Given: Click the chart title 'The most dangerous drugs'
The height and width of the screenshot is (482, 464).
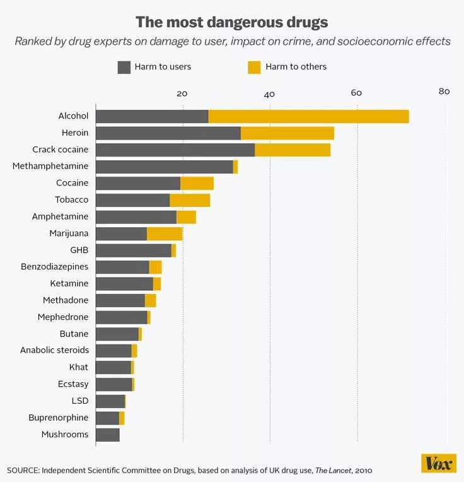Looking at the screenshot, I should (232, 23).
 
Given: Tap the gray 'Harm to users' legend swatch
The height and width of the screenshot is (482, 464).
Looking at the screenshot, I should (124, 67).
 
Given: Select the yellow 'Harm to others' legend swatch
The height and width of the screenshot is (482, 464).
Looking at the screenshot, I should (254, 67).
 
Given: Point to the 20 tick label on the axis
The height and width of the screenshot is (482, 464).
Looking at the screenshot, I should (182, 93).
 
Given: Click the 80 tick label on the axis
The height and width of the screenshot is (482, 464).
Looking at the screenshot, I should (444, 91).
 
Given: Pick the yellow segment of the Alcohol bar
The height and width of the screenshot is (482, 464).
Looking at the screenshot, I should (308, 116).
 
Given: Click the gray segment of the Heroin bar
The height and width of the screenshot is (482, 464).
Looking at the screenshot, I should (168, 133).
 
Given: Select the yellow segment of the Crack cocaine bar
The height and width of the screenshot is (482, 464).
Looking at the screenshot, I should (293, 150).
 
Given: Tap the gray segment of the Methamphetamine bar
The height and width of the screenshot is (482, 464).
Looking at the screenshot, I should (164, 167).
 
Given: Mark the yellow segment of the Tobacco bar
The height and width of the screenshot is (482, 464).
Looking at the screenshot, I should (190, 200).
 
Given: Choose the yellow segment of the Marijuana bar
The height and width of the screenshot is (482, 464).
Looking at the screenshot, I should (165, 233).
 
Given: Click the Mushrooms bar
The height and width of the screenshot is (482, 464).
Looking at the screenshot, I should (107, 435).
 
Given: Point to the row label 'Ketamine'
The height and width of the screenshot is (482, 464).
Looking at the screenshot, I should (69, 283).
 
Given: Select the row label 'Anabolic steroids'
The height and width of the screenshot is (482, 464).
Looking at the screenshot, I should (54, 350).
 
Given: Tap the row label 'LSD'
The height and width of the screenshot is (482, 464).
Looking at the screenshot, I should (80, 401).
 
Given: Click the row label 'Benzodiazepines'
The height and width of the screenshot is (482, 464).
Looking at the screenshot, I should (54, 267).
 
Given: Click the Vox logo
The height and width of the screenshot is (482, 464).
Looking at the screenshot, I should (438, 463).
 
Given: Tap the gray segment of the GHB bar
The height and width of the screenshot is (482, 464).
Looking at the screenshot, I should (133, 250).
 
